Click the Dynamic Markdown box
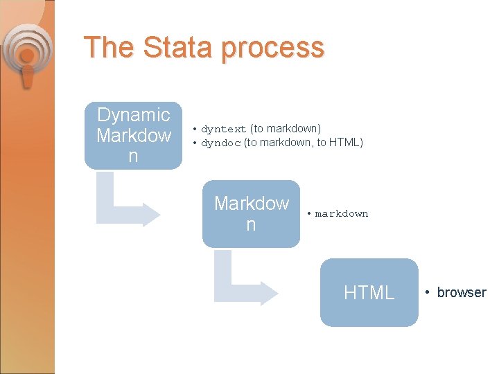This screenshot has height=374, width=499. pyautogui.click(x=133, y=136)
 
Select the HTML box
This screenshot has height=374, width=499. pyautogui.click(x=369, y=292)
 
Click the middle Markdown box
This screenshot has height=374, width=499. pyautogui.click(x=251, y=214)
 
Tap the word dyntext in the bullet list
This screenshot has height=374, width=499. pyautogui.click(x=224, y=129)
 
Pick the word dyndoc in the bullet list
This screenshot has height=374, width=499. pyautogui.click(x=221, y=143)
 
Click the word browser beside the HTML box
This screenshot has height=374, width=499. pyautogui.click(x=462, y=292)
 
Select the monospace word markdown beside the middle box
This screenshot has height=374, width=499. pyautogui.click(x=342, y=214)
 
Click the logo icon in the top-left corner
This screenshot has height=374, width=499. pyautogui.click(x=26, y=55)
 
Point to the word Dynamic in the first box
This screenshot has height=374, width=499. pyautogui.click(x=134, y=115)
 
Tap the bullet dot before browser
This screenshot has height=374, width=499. pyautogui.click(x=429, y=292)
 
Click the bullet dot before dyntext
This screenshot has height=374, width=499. pyautogui.click(x=195, y=129)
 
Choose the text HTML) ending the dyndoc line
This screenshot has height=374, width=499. pyautogui.click(x=346, y=143)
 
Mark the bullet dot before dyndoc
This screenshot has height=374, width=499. pyautogui.click(x=195, y=143)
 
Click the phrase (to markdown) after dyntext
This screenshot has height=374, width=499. pyautogui.click(x=286, y=129)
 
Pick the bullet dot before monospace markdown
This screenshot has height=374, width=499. pyautogui.click(x=309, y=214)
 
